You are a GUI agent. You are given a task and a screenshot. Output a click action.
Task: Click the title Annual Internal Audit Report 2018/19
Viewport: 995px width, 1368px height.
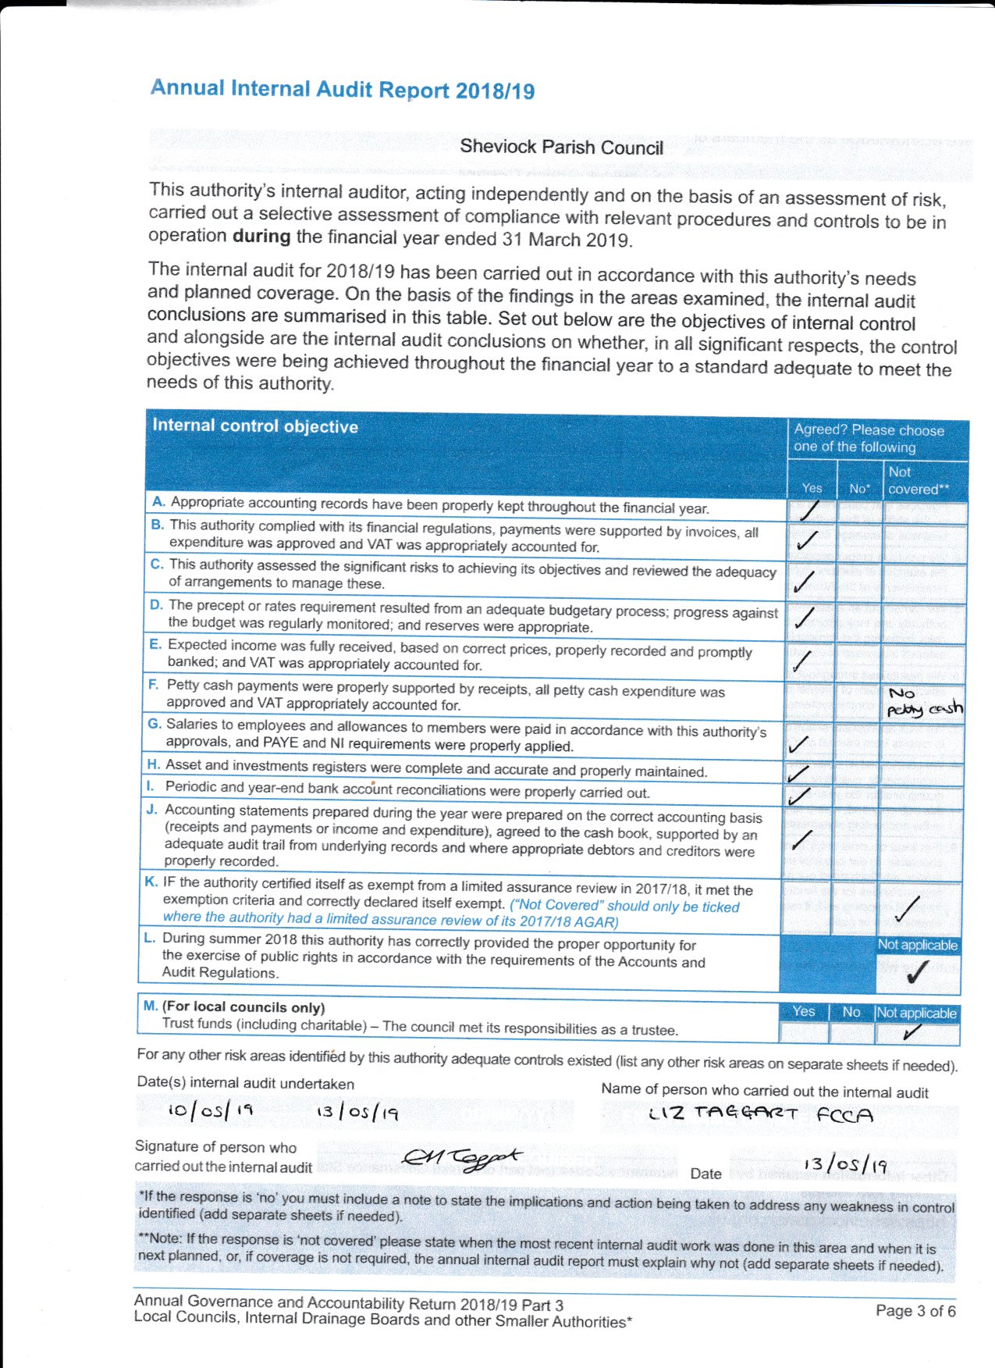pyautogui.click(x=343, y=89)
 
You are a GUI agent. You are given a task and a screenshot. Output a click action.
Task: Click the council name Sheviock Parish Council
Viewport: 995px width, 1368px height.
pyautogui.click(x=561, y=147)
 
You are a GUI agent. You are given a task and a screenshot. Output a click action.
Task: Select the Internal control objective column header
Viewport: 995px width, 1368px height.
pyautogui.click(x=255, y=426)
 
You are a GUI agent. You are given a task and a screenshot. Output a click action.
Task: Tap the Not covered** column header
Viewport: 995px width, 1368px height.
pyautogui.click(x=918, y=480)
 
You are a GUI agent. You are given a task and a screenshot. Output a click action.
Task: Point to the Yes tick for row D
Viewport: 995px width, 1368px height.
pyautogui.click(x=804, y=618)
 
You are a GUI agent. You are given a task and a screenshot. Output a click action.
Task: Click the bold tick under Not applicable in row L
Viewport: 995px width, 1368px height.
pyautogui.click(x=917, y=972)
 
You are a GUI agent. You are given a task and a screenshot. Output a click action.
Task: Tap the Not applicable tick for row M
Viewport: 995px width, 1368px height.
pyautogui.click(x=911, y=1033)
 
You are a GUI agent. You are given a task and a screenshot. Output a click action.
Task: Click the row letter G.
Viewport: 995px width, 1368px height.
pyautogui.click(x=155, y=724)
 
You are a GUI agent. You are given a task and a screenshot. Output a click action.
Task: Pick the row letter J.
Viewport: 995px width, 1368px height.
pyautogui.click(x=152, y=810)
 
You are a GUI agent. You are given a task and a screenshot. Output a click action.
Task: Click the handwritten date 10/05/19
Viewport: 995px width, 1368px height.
pyautogui.click(x=210, y=1110)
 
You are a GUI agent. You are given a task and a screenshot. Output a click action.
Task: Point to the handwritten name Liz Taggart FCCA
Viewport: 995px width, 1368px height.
pyautogui.click(x=760, y=1113)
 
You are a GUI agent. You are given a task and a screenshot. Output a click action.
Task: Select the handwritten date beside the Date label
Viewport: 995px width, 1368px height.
pyautogui.click(x=845, y=1165)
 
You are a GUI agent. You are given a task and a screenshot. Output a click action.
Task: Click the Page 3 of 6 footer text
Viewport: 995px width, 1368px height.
pyautogui.click(x=915, y=1310)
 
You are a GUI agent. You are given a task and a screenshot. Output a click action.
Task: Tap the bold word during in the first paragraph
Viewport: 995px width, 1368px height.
pyautogui.click(x=261, y=236)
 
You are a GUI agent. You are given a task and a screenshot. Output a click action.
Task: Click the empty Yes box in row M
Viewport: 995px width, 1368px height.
pyautogui.click(x=803, y=1033)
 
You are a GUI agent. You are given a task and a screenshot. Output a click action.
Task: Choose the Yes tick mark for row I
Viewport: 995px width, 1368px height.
pyautogui.click(x=799, y=796)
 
